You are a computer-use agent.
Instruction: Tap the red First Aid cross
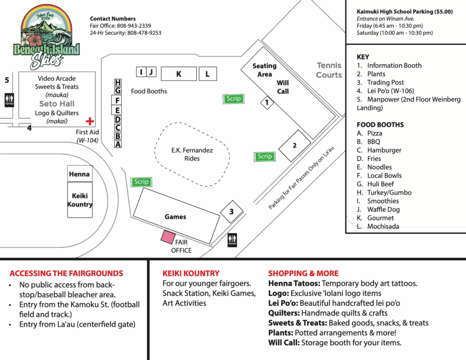pos(90,121)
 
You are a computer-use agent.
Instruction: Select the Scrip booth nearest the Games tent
pos(141,182)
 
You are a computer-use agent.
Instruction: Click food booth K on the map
pos(178,74)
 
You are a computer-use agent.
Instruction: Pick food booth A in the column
pos(118,144)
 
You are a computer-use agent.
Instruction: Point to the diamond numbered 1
pos(267,102)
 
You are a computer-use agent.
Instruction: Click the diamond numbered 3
pos(232,212)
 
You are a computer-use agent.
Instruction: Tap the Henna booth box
pos(80,174)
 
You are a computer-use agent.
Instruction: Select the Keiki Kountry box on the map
pos(80,200)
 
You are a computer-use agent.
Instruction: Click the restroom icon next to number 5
pos(9,100)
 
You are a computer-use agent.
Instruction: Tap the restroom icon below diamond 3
pos(232,240)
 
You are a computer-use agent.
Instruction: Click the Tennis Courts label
pos(329,70)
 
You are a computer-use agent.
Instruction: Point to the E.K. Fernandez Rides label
pos(192,154)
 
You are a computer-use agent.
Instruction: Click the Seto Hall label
pos(57,104)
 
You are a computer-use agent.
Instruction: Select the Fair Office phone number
pos(134,26)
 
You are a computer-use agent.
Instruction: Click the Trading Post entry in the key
pos(385,82)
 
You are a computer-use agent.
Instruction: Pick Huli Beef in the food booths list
pos(380,184)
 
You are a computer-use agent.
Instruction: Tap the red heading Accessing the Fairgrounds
pos(66,274)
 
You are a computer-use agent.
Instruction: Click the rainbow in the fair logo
pos(47,16)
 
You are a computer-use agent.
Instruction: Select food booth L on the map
pos(208,74)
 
